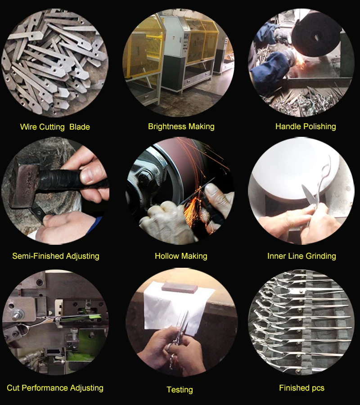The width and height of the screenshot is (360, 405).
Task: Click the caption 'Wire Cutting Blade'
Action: click(55, 127)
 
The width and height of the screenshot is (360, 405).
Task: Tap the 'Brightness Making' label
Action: click(181, 126)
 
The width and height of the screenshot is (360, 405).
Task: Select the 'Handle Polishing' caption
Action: click(306, 126)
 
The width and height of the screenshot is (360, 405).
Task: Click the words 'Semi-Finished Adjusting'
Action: click(56, 256)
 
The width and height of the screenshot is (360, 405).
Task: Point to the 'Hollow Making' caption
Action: click(181, 256)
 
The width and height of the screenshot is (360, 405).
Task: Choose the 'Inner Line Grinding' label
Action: click(301, 256)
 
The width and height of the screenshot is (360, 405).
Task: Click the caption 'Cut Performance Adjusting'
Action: click(55, 388)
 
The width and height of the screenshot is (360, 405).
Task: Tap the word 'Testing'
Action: click(180, 390)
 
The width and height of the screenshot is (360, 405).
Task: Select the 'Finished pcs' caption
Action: click(301, 388)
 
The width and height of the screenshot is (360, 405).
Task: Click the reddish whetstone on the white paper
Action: click(179, 288)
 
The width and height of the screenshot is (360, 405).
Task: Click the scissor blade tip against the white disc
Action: click(303, 186)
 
